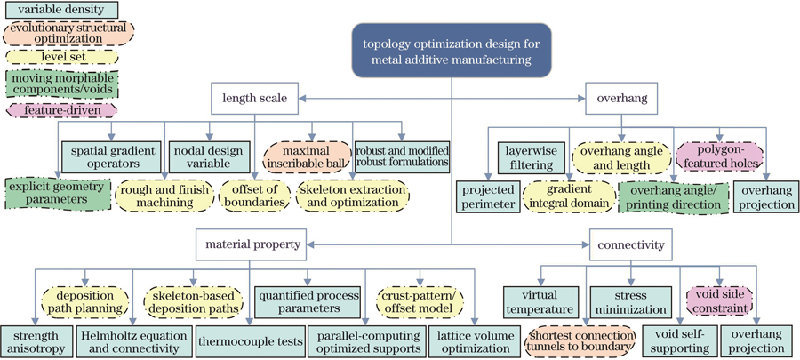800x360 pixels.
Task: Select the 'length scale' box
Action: pos(253,97)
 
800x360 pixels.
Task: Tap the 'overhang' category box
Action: pos(621,97)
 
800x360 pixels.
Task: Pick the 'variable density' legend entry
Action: pos(52,12)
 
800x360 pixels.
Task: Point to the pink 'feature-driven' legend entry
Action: pos(58,111)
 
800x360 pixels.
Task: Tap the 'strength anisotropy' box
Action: pos(35,340)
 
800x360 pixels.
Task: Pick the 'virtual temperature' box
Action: pos(540,302)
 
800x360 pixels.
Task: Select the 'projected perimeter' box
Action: pos(488,196)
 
